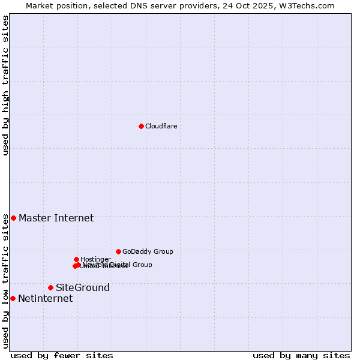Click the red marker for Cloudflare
(141, 126)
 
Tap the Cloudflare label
(161, 126)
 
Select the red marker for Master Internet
(13, 218)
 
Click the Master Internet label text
(56, 218)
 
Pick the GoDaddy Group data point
(118, 251)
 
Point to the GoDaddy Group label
(148, 251)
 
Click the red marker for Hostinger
(76, 259)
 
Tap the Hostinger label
(95, 259)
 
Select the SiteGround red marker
(50, 287)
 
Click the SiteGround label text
(83, 287)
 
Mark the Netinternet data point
(13, 298)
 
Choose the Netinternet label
(45, 298)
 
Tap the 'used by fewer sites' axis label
(62, 355)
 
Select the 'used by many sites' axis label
(301, 355)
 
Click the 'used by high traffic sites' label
(5, 85)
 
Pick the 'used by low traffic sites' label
(5, 281)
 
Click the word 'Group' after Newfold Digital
(142, 265)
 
